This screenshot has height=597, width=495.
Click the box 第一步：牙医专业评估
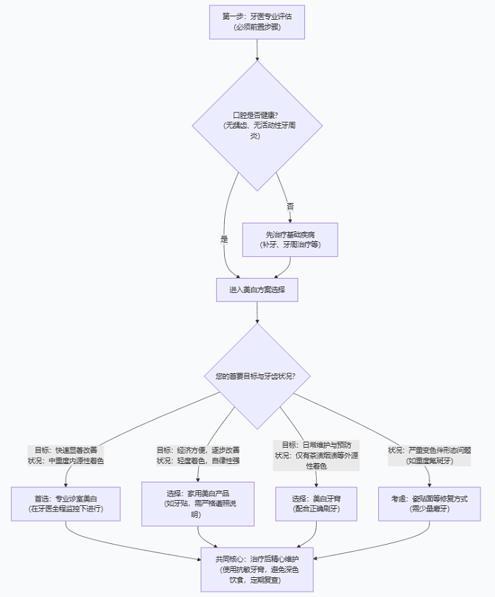257,21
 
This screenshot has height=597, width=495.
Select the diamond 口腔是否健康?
257,125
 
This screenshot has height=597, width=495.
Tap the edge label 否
290,207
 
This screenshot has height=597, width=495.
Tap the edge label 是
224,239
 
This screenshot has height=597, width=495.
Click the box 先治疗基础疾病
290,239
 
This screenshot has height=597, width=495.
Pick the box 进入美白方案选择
257,290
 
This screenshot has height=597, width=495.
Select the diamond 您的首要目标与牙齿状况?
257,376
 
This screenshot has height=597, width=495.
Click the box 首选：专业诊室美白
66,503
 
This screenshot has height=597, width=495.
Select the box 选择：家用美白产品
198,504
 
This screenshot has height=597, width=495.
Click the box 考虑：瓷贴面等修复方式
429,503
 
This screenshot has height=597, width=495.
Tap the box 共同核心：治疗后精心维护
257,569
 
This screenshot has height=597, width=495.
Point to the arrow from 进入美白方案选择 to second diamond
257,313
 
